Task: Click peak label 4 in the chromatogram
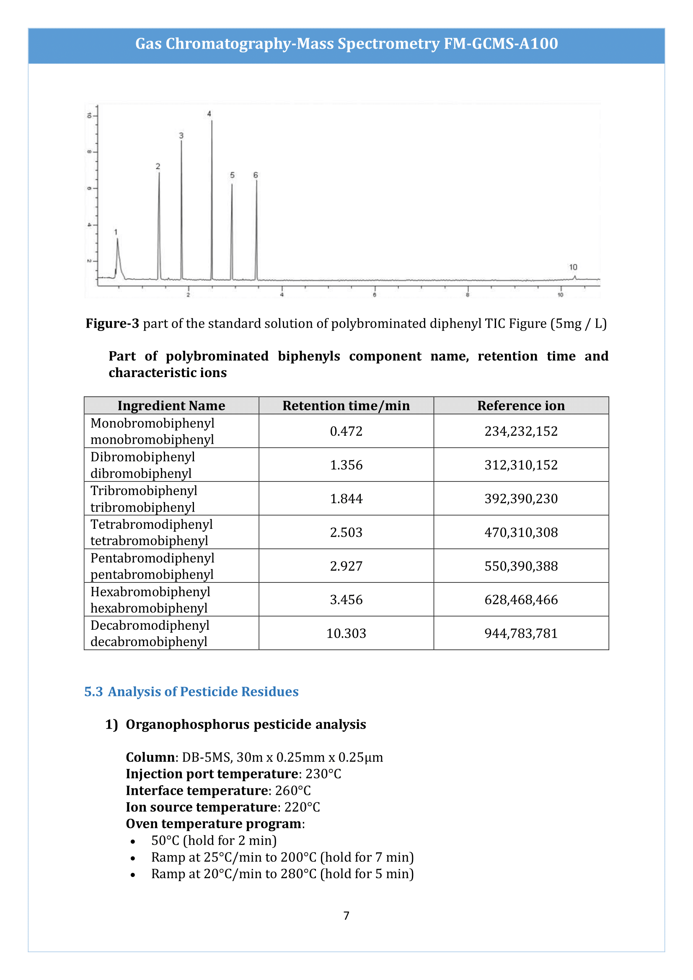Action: coord(209,114)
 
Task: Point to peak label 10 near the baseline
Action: coord(573,267)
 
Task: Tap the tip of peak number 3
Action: coord(181,142)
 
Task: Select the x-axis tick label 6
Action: coord(375,295)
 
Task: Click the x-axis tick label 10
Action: coord(560,295)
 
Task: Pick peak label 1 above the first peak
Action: coord(116,232)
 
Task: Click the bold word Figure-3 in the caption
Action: coord(112,323)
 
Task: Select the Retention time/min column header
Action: coord(346,406)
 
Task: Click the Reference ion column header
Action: coord(521,406)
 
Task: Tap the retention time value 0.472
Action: coord(346,431)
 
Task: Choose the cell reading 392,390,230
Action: coord(521,499)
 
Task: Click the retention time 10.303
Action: coord(346,634)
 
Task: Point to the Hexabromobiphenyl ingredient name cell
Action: coord(150,600)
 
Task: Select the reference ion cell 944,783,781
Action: coord(521,634)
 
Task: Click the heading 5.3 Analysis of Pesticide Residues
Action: coord(191,691)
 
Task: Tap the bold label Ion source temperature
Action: coord(202,807)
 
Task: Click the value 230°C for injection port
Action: coord(323,774)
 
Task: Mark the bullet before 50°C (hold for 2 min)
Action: coord(133,841)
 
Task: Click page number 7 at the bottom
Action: coord(346,915)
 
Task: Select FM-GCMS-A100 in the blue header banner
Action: coord(501,44)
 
